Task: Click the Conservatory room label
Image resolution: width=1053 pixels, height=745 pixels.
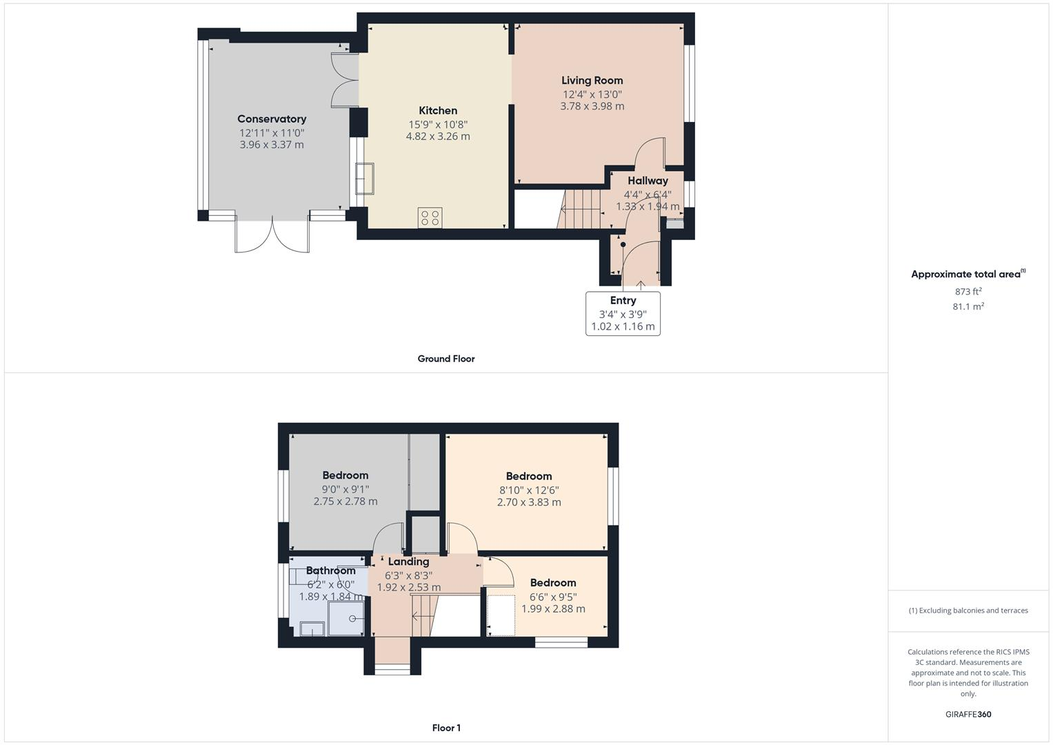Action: [x=272, y=119]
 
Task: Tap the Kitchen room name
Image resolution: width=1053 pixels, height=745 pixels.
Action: [x=438, y=110]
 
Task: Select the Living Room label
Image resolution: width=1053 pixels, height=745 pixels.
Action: [x=592, y=80]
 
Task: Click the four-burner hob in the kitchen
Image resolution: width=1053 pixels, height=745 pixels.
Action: [x=430, y=217]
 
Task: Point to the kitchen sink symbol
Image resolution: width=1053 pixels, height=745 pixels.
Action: [x=364, y=179]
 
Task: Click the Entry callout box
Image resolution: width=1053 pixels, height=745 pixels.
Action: [x=623, y=313]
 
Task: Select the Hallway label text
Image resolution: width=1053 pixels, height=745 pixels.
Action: [x=648, y=181]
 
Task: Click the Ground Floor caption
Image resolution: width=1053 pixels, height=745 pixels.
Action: [x=446, y=359]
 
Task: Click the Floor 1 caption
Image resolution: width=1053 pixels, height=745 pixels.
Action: [x=446, y=728]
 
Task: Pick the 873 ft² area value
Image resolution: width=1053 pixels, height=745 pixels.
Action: [x=968, y=291]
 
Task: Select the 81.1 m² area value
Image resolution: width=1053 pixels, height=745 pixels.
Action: [x=968, y=306]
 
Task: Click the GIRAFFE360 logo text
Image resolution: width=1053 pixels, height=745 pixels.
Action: [x=968, y=714]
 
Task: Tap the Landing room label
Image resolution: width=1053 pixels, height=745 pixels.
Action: [x=408, y=562]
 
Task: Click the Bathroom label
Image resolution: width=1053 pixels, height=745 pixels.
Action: [x=331, y=570]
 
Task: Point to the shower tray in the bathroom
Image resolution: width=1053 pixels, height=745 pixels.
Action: [x=346, y=617]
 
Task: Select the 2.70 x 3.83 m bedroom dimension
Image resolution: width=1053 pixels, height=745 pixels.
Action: [x=529, y=502]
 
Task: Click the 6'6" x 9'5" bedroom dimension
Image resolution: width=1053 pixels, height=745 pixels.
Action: [x=553, y=597]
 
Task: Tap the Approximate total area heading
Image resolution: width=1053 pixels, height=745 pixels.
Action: [x=967, y=274]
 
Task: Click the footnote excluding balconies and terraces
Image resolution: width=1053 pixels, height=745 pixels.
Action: [x=968, y=610]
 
